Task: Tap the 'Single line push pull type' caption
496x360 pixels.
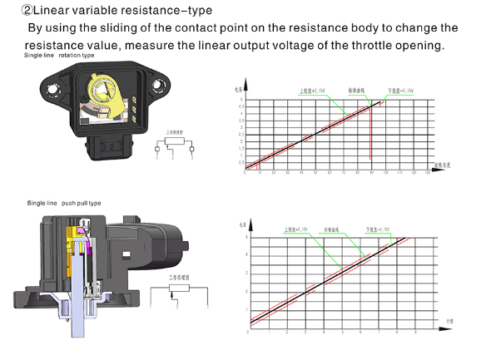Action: point(64,203)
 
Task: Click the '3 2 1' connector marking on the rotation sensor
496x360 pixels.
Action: point(131,106)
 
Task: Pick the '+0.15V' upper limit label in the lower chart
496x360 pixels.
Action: point(295,229)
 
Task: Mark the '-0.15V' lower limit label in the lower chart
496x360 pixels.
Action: point(378,229)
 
